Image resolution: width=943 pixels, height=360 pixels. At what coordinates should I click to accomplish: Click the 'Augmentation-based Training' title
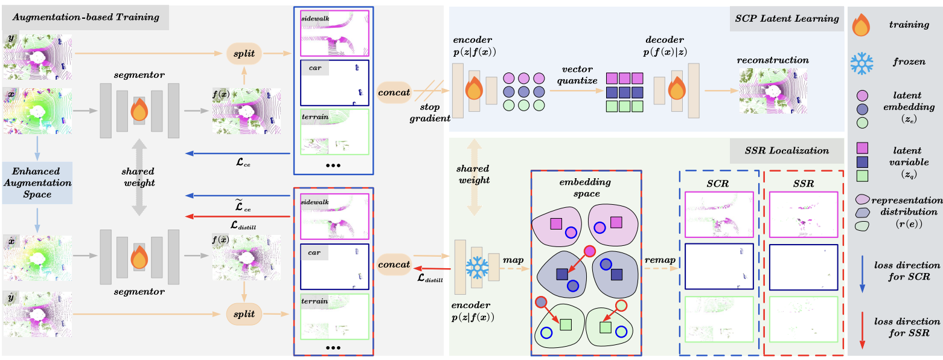point(86,18)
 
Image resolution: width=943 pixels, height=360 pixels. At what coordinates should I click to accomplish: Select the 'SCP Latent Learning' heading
point(787,19)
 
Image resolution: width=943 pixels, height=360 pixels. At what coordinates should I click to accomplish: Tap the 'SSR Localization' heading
point(787,151)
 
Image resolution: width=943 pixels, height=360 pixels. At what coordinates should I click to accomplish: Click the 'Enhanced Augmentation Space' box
point(37,183)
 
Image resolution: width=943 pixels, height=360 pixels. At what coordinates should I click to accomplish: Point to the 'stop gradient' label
point(430,113)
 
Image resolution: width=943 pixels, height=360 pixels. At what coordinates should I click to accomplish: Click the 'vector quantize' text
point(577,74)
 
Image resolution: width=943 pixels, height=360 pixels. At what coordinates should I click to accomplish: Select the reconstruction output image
point(773,91)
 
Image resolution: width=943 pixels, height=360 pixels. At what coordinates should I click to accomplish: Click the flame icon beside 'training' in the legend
point(861,25)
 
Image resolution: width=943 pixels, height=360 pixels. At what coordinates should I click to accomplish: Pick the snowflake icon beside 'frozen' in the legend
point(861,63)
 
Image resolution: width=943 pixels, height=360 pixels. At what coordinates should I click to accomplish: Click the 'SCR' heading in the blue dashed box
point(718,184)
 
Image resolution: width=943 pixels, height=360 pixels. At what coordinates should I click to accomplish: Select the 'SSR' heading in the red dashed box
point(803,184)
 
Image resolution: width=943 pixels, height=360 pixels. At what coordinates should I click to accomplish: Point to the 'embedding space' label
point(585,188)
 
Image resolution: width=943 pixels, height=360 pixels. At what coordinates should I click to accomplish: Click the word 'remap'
point(660,260)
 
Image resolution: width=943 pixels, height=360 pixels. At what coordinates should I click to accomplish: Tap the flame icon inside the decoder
point(677,88)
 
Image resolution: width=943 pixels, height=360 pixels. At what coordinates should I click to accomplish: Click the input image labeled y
point(38,57)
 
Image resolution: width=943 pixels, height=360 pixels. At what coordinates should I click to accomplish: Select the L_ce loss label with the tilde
point(243,205)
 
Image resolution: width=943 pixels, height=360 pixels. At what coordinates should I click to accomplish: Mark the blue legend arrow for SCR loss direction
point(862,274)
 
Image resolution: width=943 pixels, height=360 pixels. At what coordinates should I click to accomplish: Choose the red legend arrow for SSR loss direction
point(862,330)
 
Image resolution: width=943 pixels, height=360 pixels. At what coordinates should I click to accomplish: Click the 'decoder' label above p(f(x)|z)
point(665,40)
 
